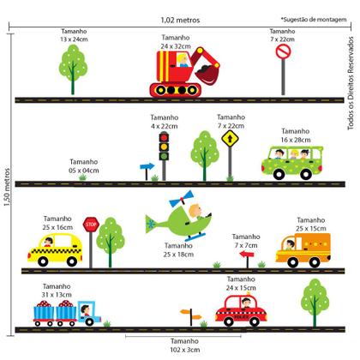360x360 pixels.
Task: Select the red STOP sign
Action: [x=91, y=225]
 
